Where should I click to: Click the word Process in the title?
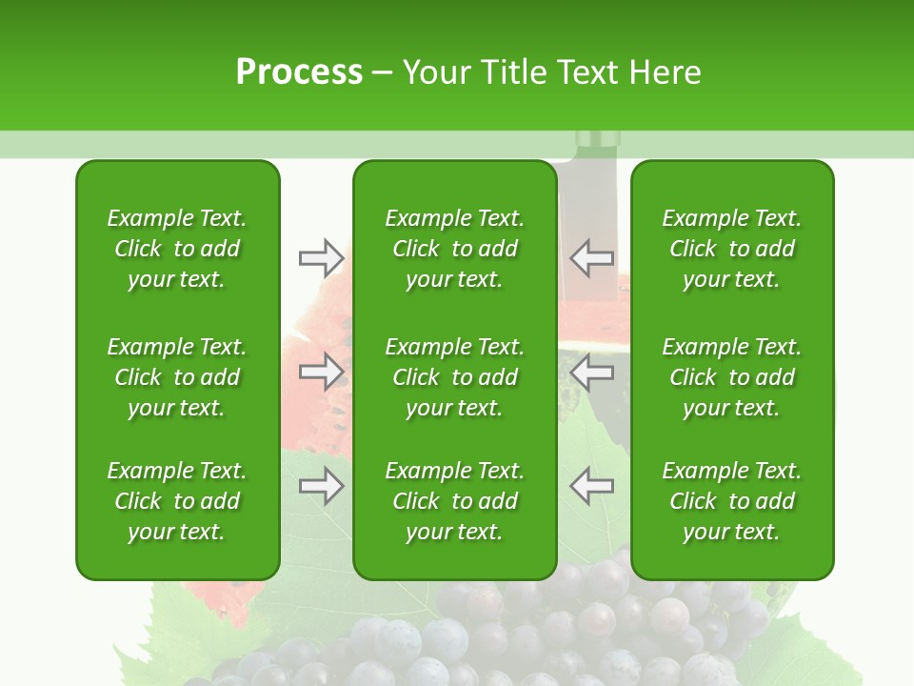299,71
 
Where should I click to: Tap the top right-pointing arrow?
321,257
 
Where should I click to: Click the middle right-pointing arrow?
321,372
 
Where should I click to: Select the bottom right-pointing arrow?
321,486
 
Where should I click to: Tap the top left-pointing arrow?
591,257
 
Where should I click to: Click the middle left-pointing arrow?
591,372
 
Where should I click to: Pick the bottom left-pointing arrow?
591,486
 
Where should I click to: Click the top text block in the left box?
177,249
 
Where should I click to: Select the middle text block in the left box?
177,377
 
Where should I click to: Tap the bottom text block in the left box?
177,501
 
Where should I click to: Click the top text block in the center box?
454,249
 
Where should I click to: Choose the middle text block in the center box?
454,377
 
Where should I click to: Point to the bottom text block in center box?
454,501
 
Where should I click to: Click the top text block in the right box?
731,249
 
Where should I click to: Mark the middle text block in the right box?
731,377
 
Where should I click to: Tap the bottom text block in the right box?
731,501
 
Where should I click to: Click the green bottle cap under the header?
596,142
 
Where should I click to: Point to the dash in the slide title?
383,73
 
